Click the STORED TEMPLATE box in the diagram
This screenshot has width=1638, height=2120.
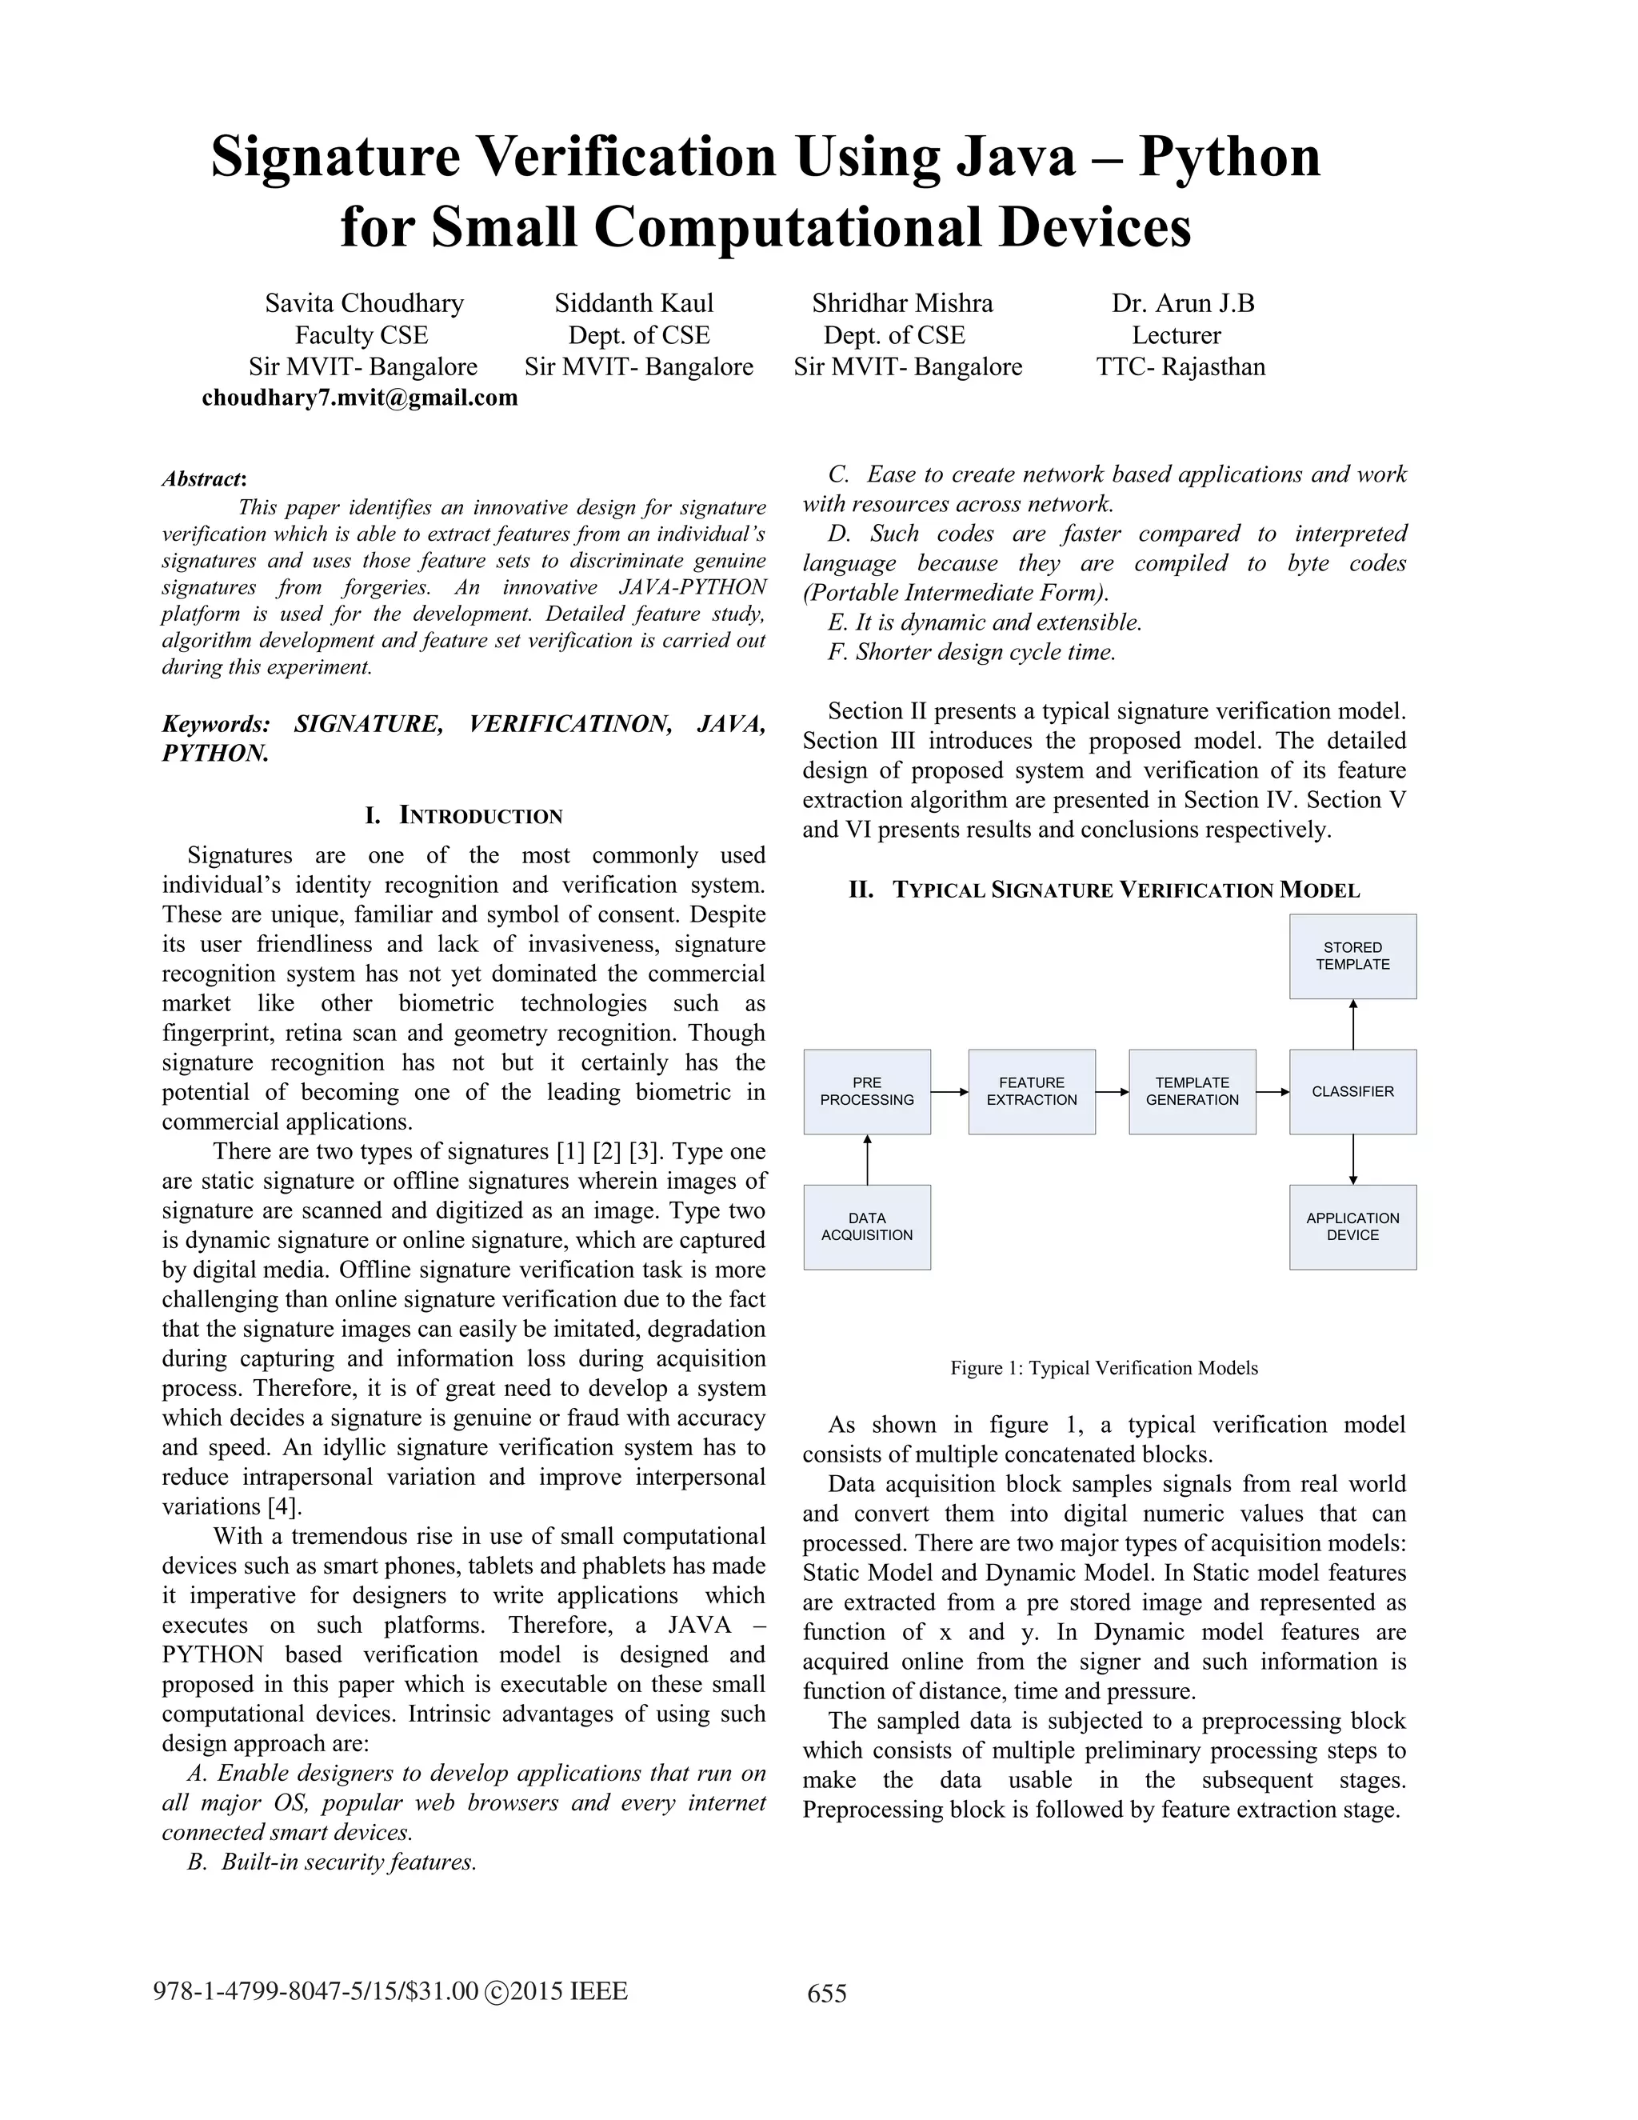(1352, 956)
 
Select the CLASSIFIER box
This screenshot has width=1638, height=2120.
(1352, 1091)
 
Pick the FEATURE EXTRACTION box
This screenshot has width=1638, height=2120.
(1032, 1091)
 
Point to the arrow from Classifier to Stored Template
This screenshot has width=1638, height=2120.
(1352, 1024)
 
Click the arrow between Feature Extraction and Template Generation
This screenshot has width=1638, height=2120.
(1112, 1092)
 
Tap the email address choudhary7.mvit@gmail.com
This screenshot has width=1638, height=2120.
(359, 398)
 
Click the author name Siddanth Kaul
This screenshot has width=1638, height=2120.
(633, 304)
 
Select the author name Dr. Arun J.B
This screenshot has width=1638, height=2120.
(1182, 304)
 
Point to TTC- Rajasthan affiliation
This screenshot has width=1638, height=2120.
(1180, 367)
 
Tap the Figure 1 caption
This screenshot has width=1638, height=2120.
(1103, 1368)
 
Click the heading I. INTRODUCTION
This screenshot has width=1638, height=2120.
(463, 815)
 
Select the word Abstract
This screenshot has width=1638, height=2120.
(202, 478)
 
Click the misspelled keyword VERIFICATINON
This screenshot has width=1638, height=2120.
(569, 724)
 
